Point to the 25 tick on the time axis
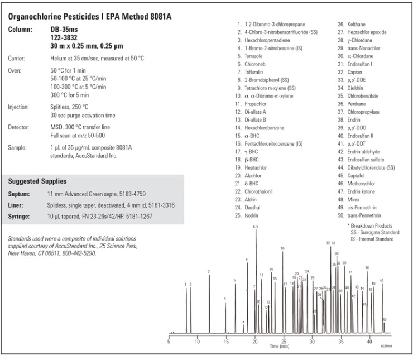pyautogui.click(x=284, y=342)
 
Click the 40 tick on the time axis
pyautogui.click(x=370, y=342)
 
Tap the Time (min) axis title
pyautogui.click(x=279, y=347)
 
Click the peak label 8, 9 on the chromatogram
pyautogui.click(x=256, y=226)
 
